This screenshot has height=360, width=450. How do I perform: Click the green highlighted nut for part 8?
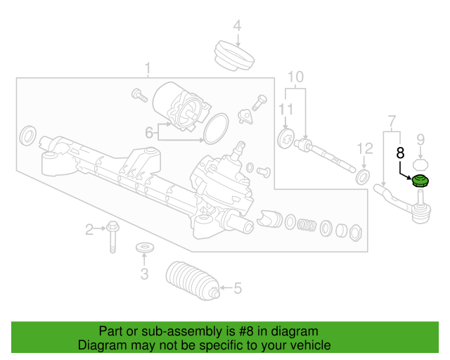(x=420, y=182)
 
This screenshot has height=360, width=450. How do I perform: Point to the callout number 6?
(x=149, y=132)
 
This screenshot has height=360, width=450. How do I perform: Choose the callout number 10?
(x=295, y=76)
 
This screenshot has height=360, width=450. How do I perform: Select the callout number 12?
(x=364, y=148)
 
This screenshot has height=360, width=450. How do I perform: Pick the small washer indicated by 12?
(x=364, y=175)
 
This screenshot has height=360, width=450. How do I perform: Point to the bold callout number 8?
(x=401, y=152)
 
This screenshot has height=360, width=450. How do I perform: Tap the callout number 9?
(x=420, y=138)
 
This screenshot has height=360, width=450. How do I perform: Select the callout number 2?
(x=89, y=229)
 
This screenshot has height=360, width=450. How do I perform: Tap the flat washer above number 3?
(x=144, y=248)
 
